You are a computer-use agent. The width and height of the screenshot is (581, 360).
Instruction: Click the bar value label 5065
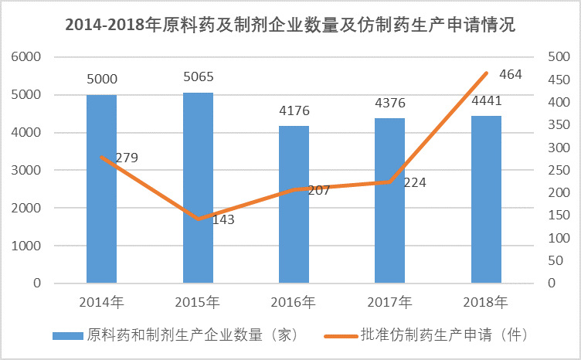[198, 77]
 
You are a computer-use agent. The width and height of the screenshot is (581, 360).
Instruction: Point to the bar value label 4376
[390, 103]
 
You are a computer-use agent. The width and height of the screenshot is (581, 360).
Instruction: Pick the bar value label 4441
[486, 100]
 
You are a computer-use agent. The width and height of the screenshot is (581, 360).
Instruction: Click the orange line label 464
[511, 75]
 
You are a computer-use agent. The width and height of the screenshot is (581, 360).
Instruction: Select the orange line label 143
[223, 219]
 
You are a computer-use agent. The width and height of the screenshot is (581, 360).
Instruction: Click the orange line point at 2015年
[198, 219]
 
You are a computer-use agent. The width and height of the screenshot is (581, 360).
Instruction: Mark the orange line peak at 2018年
[486, 73]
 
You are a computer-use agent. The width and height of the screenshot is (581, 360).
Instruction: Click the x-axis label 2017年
[390, 301]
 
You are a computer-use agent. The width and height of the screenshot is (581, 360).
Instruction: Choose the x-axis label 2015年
[198, 301]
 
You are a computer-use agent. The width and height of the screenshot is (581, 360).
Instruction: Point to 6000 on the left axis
[25, 58]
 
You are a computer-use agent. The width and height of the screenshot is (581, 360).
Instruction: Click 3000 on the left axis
[25, 171]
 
